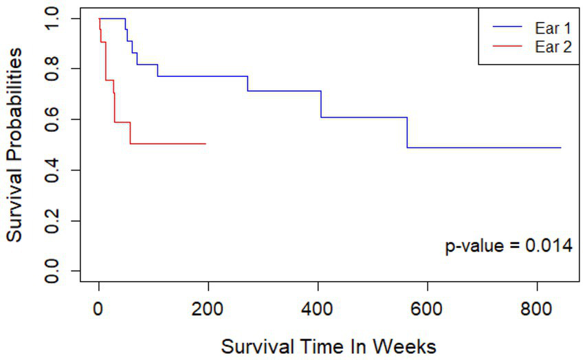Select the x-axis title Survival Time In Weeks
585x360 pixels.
coord(329,346)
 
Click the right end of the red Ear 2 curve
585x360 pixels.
coord(205,144)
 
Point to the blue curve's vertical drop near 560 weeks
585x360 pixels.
coord(407,133)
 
